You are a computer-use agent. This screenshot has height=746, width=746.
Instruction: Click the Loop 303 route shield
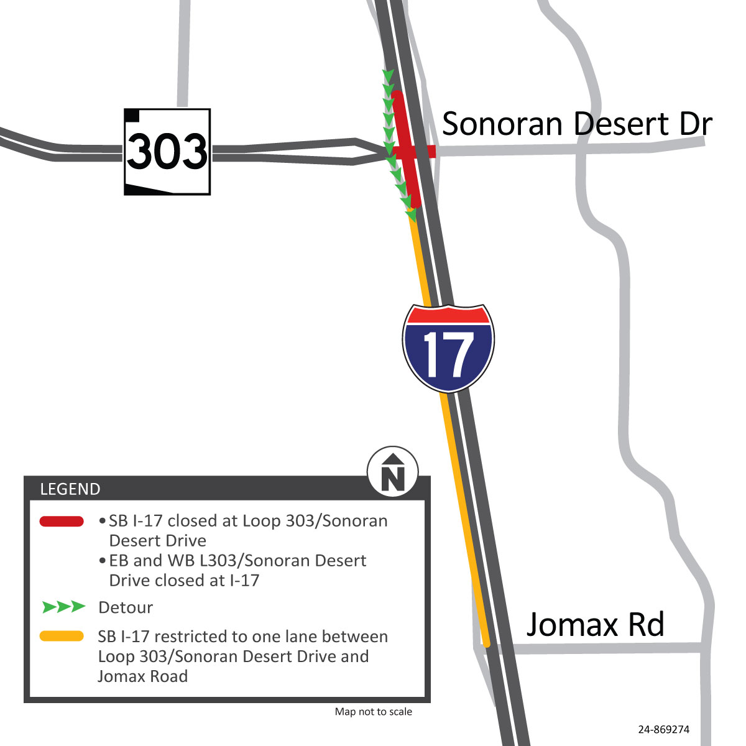tap(167, 152)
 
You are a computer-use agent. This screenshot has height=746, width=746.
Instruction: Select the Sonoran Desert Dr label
tap(576, 124)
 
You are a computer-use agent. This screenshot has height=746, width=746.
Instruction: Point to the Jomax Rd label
tap(595, 624)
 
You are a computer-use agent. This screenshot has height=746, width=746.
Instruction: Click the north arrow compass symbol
tap(393, 472)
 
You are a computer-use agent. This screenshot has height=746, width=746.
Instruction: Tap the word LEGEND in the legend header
tap(70, 489)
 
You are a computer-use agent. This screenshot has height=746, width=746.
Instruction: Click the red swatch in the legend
tap(62, 522)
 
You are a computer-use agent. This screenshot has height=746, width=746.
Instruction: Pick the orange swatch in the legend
tap(62, 636)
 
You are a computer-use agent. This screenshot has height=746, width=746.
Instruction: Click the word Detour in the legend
tap(126, 607)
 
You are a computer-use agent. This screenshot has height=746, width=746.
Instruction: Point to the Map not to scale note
tap(373, 712)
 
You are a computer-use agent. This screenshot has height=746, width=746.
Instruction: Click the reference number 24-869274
tap(663, 730)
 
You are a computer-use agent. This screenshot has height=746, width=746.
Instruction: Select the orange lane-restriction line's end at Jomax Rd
tap(486, 643)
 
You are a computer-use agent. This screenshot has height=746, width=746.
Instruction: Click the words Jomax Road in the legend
tap(142, 676)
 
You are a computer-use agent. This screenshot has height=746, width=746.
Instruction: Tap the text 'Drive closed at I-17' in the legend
tap(184, 581)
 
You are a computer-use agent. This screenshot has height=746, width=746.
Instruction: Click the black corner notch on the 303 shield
tap(132, 115)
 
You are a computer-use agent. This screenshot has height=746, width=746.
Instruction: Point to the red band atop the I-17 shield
tap(448, 315)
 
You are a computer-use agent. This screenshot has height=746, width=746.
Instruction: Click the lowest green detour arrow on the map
tap(411, 215)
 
